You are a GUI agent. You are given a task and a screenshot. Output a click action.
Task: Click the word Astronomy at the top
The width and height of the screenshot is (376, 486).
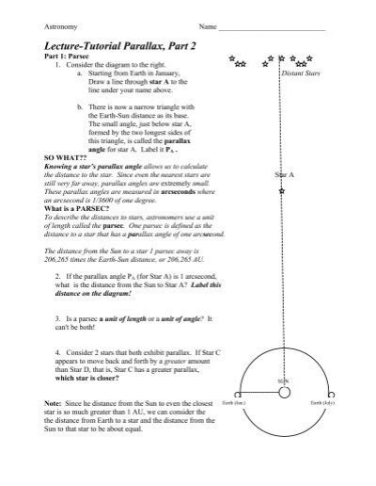pyautogui.click(x=44, y=26)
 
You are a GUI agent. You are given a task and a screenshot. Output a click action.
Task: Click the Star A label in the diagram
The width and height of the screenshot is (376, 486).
pyautogui.click(x=285, y=176)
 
